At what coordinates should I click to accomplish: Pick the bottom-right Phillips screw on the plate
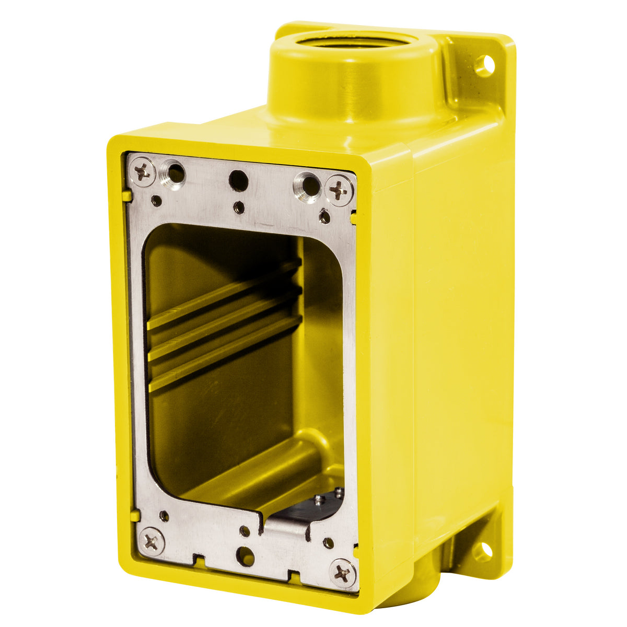pos(343,572)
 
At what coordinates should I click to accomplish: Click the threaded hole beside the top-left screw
pos(175,172)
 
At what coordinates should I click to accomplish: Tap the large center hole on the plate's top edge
pos(238,181)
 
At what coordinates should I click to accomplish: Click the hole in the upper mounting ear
pos(484,65)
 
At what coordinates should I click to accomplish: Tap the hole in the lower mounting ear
pos(483,550)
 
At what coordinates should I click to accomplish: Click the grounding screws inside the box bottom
pos(329,496)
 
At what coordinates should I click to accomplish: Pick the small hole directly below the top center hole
pos(239,207)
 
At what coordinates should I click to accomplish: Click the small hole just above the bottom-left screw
pos(164,516)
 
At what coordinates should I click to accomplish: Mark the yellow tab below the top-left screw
pos(125,196)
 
